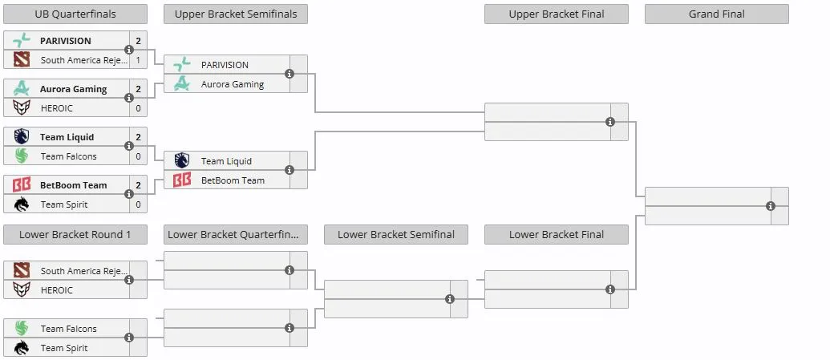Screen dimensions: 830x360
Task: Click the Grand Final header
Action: pos(716,14)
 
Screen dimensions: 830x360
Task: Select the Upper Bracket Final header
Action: pos(557,14)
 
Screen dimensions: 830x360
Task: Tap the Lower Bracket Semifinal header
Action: pos(396,235)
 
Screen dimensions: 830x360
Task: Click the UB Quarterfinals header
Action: pos(75,14)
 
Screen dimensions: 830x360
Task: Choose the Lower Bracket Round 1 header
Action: pos(75,235)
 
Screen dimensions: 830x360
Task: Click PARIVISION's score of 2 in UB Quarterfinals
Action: pos(138,41)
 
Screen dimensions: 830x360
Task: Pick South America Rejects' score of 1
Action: pos(138,60)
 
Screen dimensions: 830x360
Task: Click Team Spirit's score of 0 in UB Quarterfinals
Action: pos(138,204)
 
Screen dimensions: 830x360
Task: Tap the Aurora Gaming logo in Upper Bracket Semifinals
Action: pos(182,83)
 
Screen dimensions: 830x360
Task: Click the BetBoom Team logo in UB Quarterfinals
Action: pos(22,184)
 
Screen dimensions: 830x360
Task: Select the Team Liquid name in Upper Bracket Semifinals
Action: pos(227,161)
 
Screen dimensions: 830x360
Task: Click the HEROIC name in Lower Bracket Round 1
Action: pos(57,290)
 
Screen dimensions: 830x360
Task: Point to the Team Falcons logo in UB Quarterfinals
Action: pos(22,156)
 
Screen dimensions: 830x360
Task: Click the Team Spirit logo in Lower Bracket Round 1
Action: pos(22,348)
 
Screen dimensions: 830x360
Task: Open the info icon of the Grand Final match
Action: pos(771,206)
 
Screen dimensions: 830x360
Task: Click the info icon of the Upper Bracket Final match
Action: pos(610,122)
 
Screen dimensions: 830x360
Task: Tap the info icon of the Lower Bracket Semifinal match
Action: pos(450,299)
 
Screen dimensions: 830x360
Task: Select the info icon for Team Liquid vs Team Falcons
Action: pos(128,146)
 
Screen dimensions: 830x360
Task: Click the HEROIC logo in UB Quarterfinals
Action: pos(22,108)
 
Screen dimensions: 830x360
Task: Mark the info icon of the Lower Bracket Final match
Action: pos(610,289)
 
